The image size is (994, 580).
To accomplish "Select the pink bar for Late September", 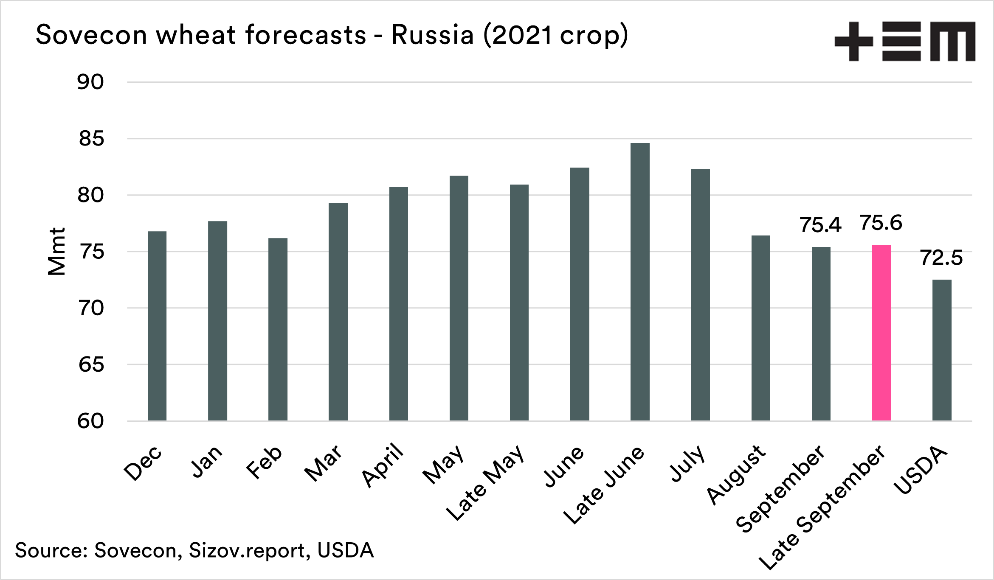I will pyautogui.click(x=881, y=333).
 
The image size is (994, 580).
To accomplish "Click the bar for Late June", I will pyautogui.click(x=640, y=282).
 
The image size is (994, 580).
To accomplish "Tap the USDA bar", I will pyautogui.click(x=942, y=350).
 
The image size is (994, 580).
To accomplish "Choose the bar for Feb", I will pyautogui.click(x=278, y=329).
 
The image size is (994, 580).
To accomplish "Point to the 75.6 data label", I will pyautogui.click(x=881, y=223).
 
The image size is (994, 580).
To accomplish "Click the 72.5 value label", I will pyautogui.click(x=941, y=258).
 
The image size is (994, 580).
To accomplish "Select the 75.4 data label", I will pyautogui.click(x=820, y=225).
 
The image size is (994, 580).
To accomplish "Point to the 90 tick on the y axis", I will pyautogui.click(x=90, y=82).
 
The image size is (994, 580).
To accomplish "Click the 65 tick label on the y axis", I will pyautogui.click(x=91, y=364).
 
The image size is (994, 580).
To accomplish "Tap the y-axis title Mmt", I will pyautogui.click(x=57, y=252).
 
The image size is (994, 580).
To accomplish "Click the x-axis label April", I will pyautogui.click(x=383, y=465).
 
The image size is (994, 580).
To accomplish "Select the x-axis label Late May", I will pyautogui.click(x=485, y=483).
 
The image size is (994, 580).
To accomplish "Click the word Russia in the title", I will pyautogui.click(x=432, y=35).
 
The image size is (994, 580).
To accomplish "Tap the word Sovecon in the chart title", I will pyautogui.click(x=91, y=35).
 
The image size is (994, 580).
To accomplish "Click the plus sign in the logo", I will pyautogui.click(x=853, y=41).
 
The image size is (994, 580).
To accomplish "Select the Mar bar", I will pyautogui.click(x=338, y=312).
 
